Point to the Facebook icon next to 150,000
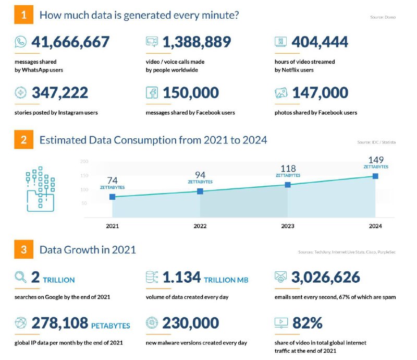152,93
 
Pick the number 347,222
60,93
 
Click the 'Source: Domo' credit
383,17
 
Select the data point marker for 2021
112,197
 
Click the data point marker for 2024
375,176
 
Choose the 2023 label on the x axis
288,226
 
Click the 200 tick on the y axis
84,162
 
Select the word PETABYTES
111,326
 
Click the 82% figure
308,323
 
